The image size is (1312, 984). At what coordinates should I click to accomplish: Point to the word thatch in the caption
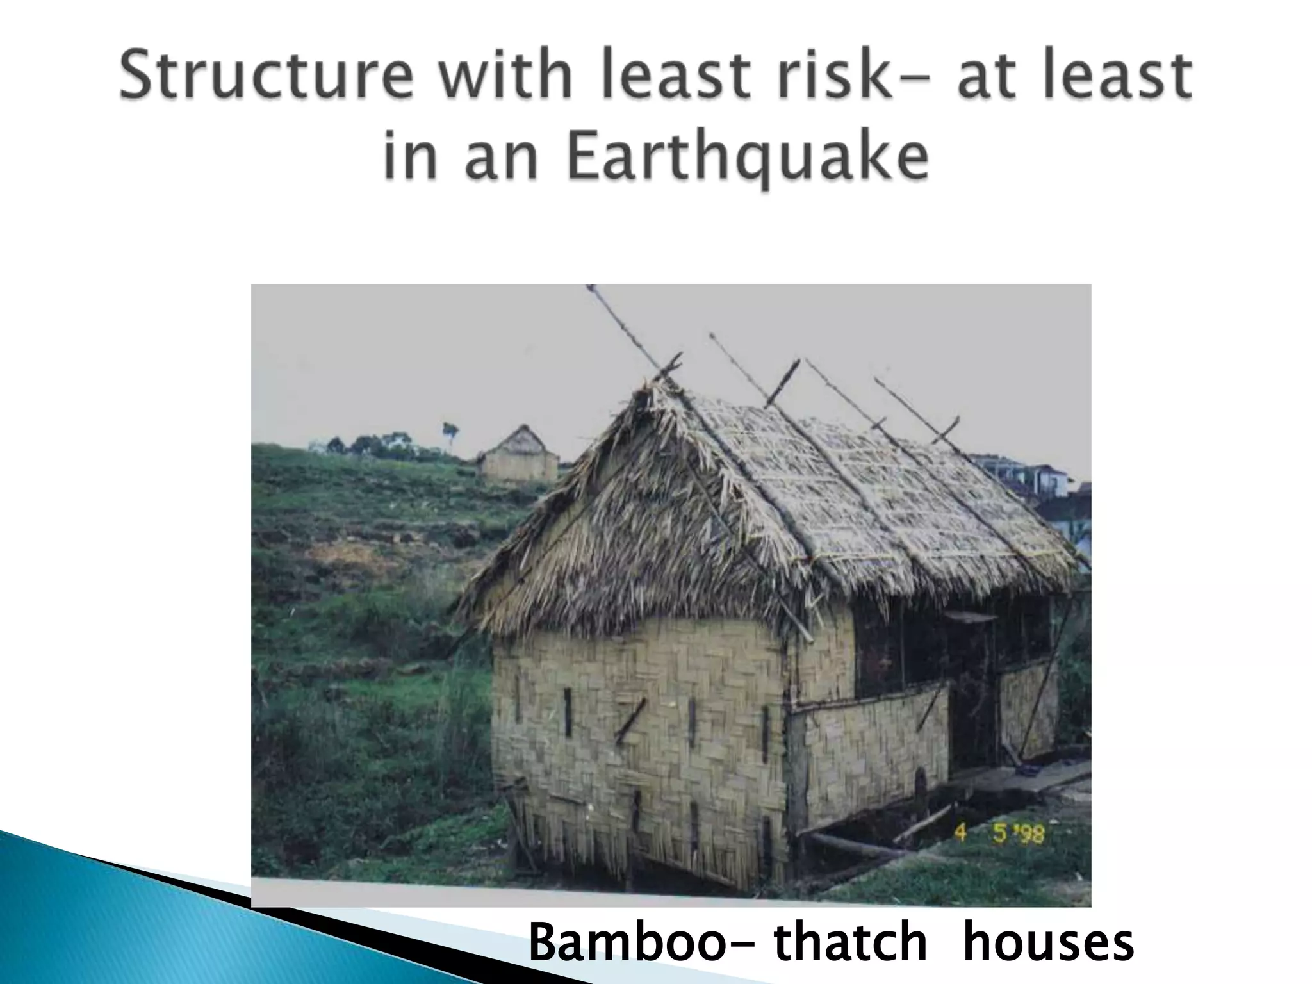[849, 942]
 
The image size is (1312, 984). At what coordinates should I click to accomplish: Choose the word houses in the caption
[1048, 942]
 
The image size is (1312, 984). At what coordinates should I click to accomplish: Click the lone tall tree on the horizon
[451, 430]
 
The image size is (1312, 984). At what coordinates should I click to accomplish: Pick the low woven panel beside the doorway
[868, 746]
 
